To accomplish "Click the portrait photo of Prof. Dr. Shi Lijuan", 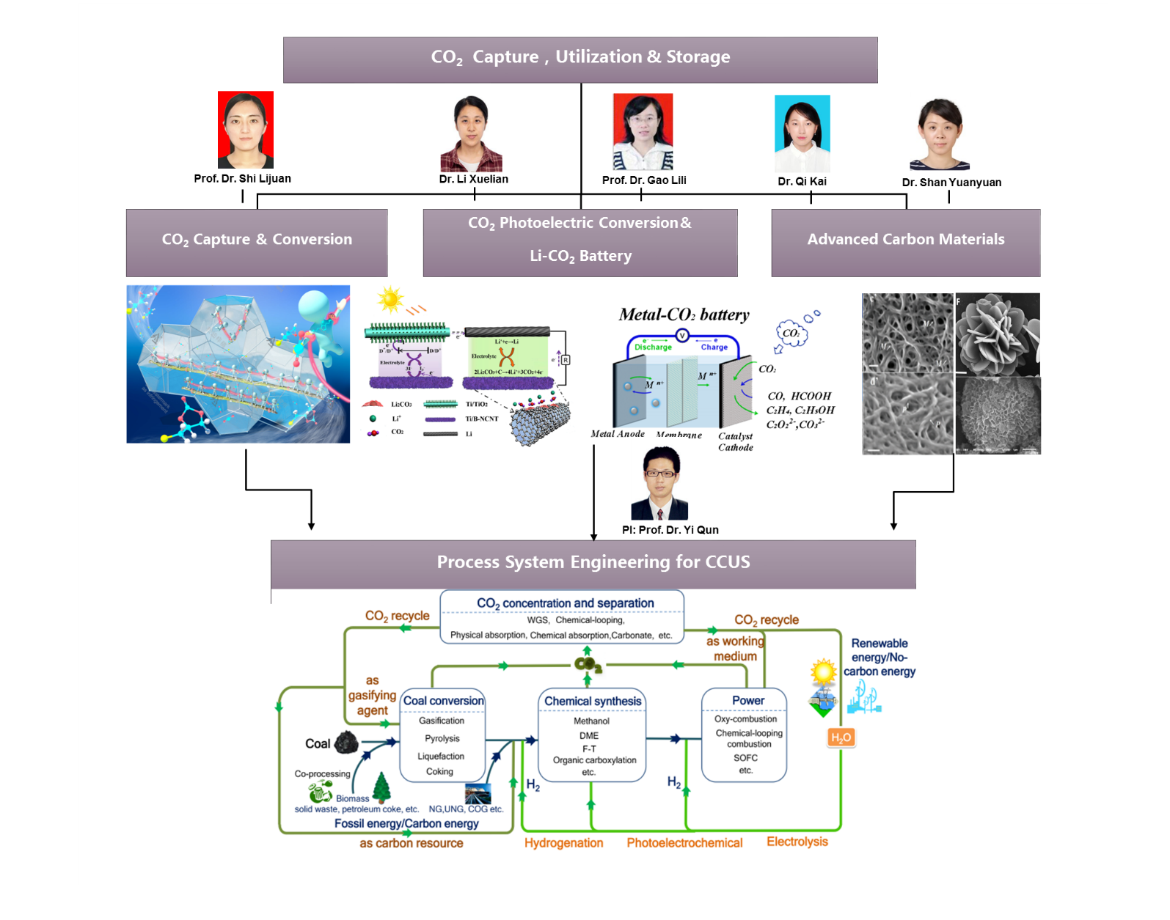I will [246, 130].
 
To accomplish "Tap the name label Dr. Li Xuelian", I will [473, 179].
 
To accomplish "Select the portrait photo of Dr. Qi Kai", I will [802, 133].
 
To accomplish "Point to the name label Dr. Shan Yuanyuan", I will [951, 183].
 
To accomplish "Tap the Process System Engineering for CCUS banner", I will [593, 563].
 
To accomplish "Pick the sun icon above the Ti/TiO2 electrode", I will [390, 299].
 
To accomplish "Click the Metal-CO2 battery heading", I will [684, 315].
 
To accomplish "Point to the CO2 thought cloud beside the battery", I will [791, 334].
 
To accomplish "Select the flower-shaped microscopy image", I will [998, 334].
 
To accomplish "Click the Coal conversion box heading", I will [443, 701].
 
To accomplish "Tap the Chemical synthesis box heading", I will [593, 701].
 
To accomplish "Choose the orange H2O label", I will [841, 737].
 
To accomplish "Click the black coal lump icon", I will [345, 743].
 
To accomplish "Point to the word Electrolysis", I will [797, 842].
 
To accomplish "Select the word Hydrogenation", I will [563, 843].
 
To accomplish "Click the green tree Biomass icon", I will [381, 788].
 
